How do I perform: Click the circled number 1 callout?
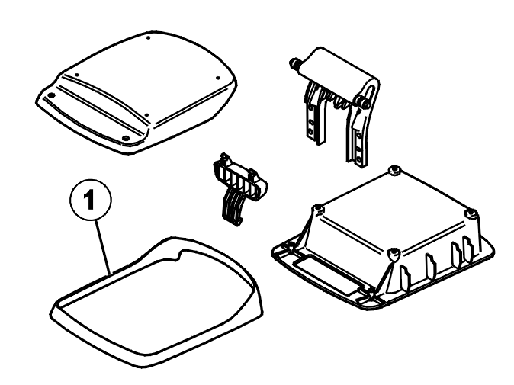(91, 200)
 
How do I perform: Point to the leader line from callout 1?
(103, 247)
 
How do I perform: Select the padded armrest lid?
(136, 92)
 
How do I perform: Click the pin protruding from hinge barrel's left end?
(294, 63)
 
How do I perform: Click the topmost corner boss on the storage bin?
(394, 171)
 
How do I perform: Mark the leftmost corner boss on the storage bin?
(317, 210)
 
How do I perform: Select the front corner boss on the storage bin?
(394, 252)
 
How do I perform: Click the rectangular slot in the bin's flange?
(325, 272)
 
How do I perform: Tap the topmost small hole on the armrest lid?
(148, 38)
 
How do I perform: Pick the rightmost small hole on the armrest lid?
(217, 78)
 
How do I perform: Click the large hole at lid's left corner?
(51, 95)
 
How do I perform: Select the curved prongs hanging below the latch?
(232, 207)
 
